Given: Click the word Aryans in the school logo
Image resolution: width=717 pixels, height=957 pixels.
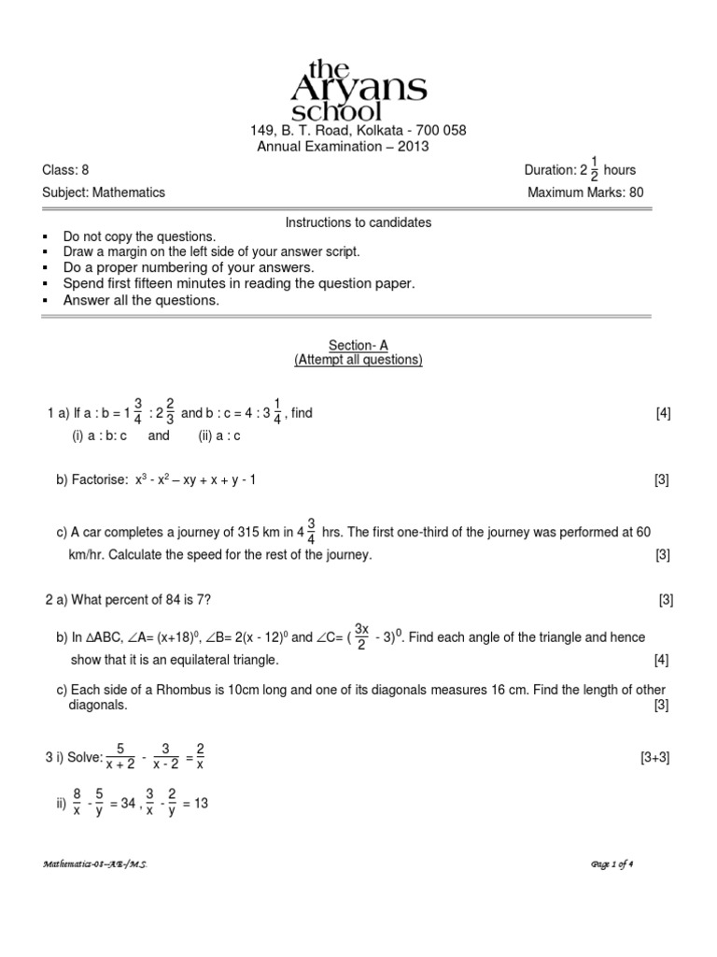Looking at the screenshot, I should coord(359,89).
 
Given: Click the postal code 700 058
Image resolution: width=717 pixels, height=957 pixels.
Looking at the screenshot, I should coord(440,131).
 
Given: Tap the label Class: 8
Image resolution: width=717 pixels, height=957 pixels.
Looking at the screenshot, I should coord(66,170).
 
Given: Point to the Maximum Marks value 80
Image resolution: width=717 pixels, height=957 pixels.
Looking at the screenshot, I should coord(635,193).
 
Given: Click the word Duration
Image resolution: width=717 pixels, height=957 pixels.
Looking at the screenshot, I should coord(550,170).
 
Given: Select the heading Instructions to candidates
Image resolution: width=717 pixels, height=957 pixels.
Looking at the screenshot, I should coord(358,222).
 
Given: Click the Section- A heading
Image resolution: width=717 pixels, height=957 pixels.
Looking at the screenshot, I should coord(358,345).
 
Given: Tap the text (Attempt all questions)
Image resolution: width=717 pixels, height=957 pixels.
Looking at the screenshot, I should coord(358,360).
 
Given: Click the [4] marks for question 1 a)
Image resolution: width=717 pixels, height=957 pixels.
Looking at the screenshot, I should coord(663,413).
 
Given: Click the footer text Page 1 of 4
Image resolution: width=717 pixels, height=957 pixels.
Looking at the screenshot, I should coord(613,864).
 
